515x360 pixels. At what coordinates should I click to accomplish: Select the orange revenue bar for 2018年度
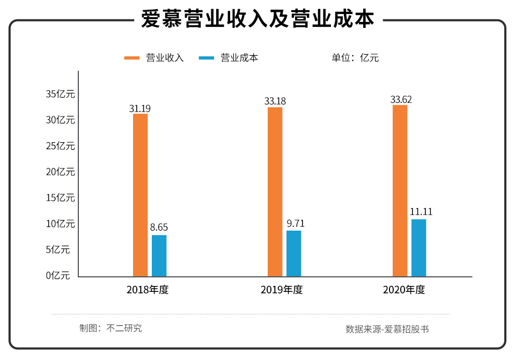click(140, 195)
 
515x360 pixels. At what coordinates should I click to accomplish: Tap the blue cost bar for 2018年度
click(159, 256)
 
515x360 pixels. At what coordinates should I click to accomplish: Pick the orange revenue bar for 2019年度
click(275, 192)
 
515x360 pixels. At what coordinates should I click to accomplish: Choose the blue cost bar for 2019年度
click(293, 254)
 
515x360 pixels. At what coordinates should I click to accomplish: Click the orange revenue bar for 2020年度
click(400, 191)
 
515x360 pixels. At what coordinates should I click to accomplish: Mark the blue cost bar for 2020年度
click(418, 248)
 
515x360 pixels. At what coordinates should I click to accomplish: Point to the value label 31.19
click(140, 108)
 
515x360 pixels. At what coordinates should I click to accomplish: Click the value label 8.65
click(159, 228)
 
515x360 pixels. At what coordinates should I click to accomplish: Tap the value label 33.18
click(275, 101)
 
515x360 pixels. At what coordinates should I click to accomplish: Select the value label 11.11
click(421, 212)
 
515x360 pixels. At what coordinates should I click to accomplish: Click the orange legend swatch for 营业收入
click(132, 58)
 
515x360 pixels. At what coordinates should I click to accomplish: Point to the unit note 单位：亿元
click(355, 58)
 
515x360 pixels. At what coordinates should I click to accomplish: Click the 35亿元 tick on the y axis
click(60, 94)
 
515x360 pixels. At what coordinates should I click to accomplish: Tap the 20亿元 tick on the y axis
click(60, 172)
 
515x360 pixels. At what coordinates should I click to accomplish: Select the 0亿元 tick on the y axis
click(58, 276)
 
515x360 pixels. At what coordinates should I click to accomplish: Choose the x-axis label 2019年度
click(282, 290)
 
